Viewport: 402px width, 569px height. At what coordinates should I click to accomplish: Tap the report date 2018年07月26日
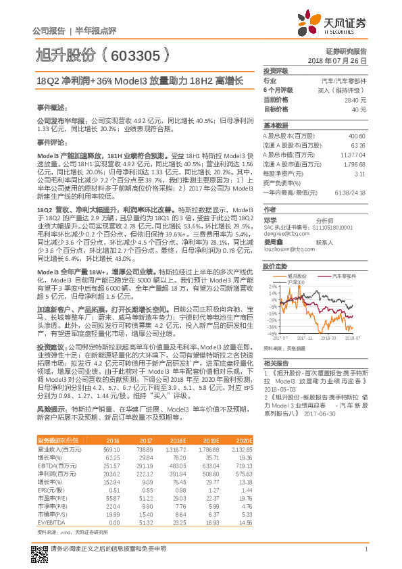coord(344,60)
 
